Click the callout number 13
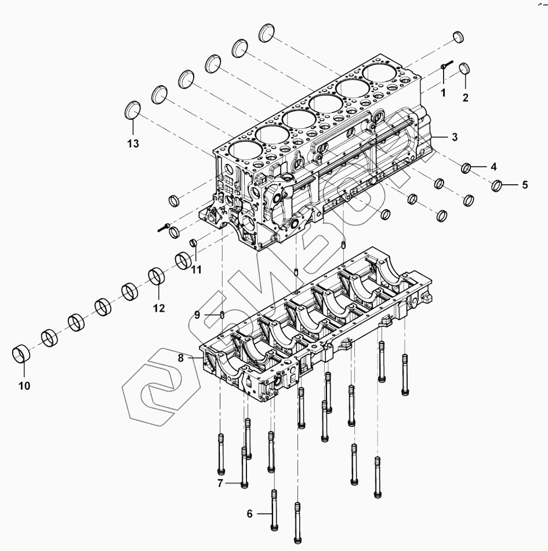coord(133,144)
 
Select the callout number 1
coord(442,92)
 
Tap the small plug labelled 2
coord(464,69)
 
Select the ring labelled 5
coord(497,187)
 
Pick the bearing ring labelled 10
coord(22,353)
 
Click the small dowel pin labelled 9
coord(222,315)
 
